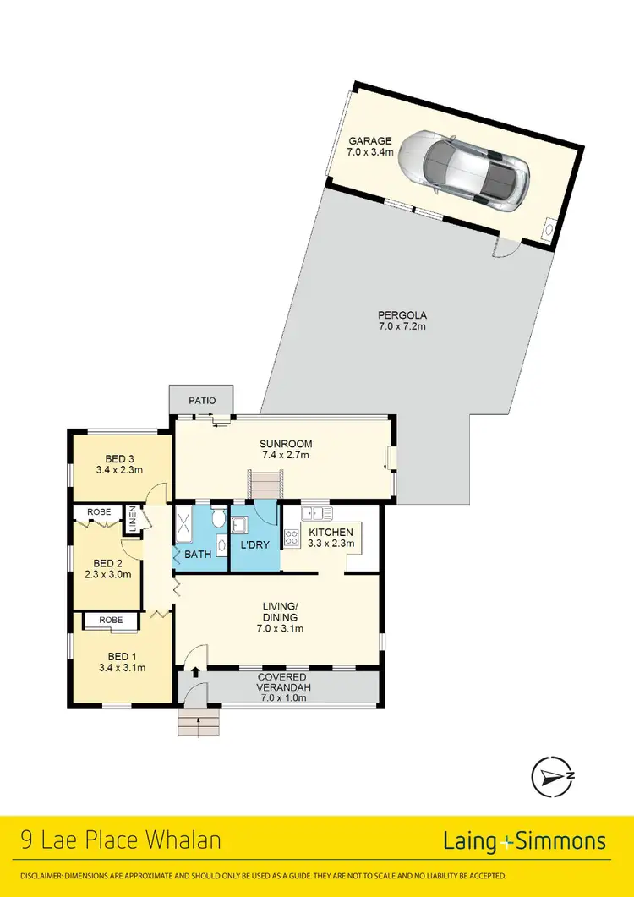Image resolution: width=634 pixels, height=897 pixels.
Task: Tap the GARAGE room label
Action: (x=369, y=141)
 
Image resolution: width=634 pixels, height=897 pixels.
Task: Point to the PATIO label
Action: (x=202, y=400)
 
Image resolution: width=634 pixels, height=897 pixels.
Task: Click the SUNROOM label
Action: (x=286, y=443)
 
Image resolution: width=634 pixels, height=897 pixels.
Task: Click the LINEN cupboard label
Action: (x=133, y=519)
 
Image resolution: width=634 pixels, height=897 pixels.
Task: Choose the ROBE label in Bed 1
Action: (x=111, y=621)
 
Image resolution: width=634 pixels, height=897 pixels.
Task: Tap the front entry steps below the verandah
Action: (x=199, y=722)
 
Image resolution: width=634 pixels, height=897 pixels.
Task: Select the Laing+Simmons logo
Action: (x=524, y=840)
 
